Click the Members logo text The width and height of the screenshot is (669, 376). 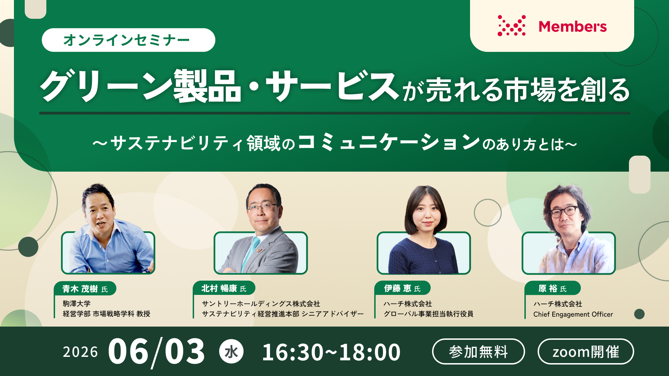point(572,27)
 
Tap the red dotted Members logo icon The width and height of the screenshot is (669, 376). point(512,25)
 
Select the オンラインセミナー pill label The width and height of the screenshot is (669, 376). point(128,40)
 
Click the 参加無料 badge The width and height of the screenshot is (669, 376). point(478,352)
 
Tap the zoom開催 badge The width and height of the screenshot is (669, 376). point(586,352)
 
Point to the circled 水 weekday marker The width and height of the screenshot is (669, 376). point(231,352)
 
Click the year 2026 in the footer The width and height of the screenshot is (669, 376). point(80,352)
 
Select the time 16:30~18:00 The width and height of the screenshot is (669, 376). point(331,352)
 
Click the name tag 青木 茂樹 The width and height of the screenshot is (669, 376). point(85,289)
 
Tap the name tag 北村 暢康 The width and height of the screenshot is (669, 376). point(224,288)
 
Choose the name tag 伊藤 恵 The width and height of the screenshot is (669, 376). point(402,288)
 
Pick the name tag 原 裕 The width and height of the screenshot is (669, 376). point(553,288)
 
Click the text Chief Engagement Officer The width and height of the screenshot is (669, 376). point(573,314)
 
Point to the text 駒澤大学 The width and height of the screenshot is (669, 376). point(77,304)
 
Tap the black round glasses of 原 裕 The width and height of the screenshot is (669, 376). point(564,211)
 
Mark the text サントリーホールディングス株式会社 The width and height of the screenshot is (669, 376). point(261,304)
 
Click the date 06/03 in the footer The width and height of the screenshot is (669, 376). point(156,352)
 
